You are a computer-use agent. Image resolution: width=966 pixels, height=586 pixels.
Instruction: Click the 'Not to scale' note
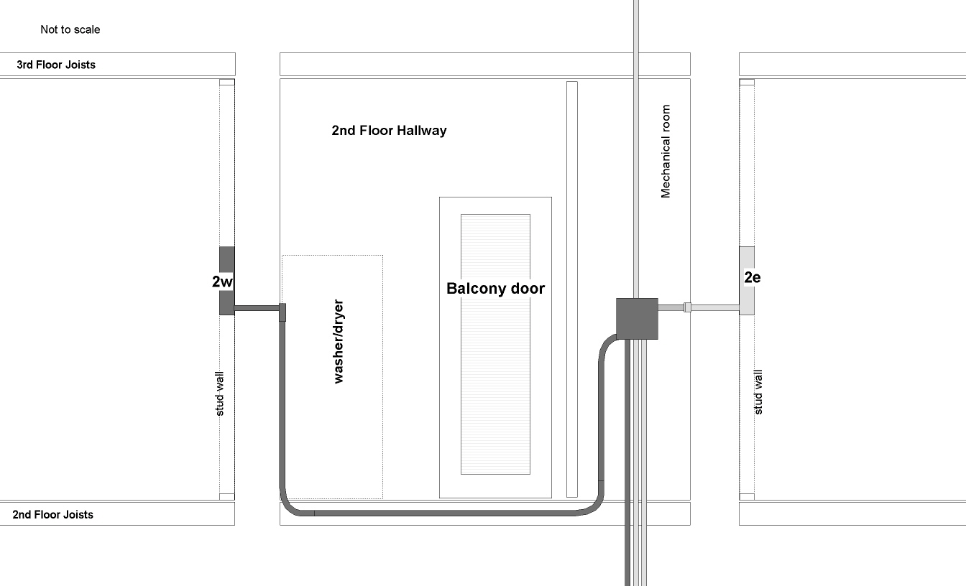tap(70, 29)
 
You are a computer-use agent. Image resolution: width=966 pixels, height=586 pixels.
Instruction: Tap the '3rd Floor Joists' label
tap(56, 65)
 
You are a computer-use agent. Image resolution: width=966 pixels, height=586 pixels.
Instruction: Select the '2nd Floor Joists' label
tap(52, 514)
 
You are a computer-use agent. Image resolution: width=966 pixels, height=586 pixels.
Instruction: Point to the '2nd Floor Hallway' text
tap(389, 131)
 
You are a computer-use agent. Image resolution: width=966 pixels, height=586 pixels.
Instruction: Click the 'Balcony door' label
tap(495, 289)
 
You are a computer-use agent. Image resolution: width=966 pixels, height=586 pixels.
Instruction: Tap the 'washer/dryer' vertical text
tap(339, 342)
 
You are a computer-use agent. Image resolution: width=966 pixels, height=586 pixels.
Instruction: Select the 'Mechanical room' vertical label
tap(666, 152)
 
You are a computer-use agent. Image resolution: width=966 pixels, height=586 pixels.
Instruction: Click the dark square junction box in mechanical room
tap(637, 318)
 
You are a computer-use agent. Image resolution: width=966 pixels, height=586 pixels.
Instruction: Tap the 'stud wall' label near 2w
tap(220, 394)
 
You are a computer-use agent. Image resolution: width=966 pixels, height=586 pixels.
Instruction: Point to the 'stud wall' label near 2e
tap(758, 392)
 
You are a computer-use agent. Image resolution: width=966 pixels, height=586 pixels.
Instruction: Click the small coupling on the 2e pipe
tap(687, 307)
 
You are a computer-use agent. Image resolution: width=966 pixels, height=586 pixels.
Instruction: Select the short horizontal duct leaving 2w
tap(256, 308)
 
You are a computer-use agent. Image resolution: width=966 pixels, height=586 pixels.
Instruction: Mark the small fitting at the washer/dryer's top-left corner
tap(282, 312)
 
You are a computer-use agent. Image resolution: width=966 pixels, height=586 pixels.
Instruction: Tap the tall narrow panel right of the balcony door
tap(572, 289)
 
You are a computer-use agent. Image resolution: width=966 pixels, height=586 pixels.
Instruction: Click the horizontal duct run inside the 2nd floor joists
tap(446, 513)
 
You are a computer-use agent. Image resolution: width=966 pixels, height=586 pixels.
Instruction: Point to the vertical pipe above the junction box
tap(636, 144)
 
